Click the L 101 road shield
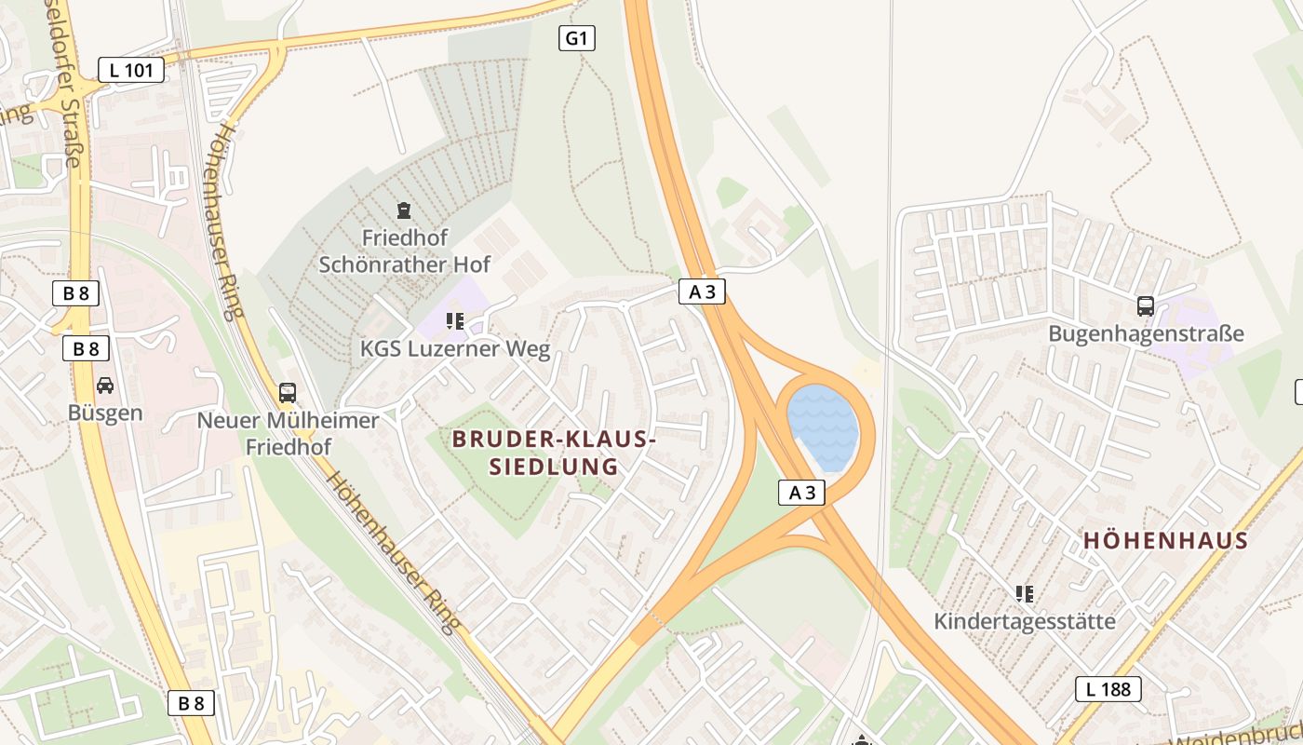[131, 70]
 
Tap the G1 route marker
[577, 38]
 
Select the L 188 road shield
[1108, 689]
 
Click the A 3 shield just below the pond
[801, 493]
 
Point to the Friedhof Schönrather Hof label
[405, 251]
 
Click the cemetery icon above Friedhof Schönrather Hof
[404, 211]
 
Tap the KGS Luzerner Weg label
[455, 350]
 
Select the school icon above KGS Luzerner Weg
[455, 322]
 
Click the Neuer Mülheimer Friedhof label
[288, 434]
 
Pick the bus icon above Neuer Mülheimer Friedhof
[288, 393]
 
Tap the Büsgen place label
[105, 413]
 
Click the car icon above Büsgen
[105, 386]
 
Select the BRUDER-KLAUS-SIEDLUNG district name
[555, 453]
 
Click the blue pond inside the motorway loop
[823, 428]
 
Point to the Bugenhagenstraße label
[1146, 333]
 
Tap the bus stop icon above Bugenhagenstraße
[1146, 306]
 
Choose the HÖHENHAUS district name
[1165, 541]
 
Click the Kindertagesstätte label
[1025, 621]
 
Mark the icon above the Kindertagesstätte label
[1025, 594]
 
